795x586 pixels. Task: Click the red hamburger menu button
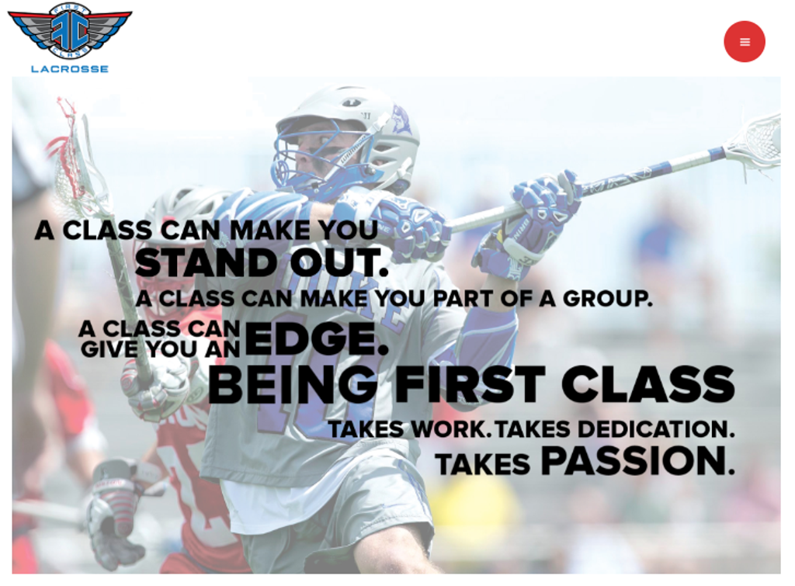point(744,42)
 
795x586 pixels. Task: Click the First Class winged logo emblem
point(70,30)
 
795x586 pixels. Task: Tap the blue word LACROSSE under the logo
point(70,69)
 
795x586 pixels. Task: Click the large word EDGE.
point(314,339)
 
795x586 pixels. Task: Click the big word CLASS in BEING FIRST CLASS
point(647,385)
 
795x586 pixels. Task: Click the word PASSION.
point(637,462)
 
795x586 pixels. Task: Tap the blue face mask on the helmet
point(311,159)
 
